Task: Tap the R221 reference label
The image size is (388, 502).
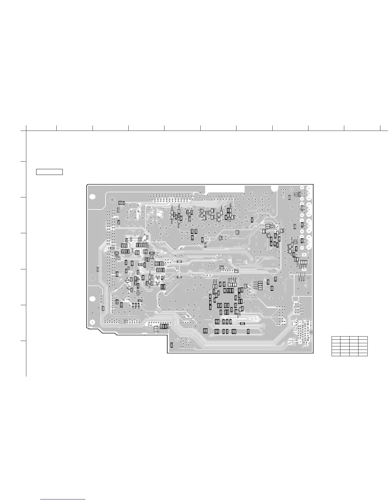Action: point(255,289)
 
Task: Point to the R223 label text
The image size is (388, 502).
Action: point(255,284)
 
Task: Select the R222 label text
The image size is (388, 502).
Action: point(255,286)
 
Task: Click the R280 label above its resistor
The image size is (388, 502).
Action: point(222,266)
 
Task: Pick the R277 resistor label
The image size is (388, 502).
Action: point(236,269)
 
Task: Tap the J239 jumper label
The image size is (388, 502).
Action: point(156,326)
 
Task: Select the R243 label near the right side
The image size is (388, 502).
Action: point(272,225)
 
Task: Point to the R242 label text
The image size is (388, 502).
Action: point(272,228)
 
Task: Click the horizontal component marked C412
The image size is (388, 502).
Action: point(179,261)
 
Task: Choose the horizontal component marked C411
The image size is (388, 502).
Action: point(179,277)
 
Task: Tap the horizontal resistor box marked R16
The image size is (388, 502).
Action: point(112,248)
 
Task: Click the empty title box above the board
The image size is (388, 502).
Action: point(49,172)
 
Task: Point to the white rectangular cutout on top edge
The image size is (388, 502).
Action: point(225,188)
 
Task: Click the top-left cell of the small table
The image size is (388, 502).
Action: point(336,338)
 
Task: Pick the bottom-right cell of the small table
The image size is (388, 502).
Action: point(363,354)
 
